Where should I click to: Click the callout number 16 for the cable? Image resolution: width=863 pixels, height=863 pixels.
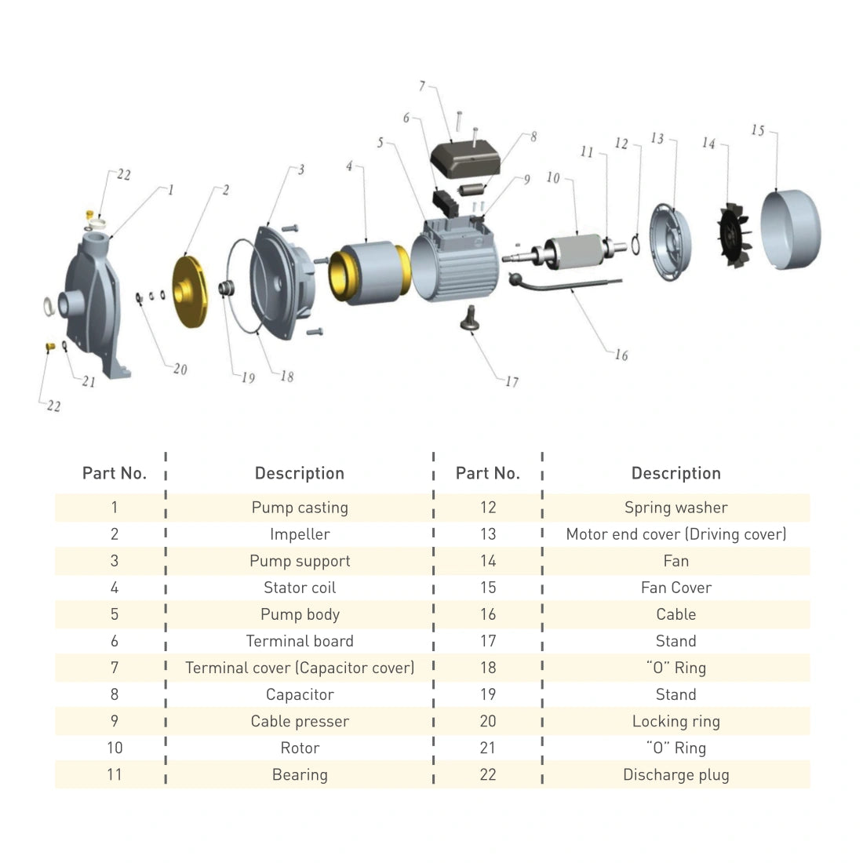[621, 355]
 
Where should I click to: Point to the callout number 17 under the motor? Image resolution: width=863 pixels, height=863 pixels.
[512, 382]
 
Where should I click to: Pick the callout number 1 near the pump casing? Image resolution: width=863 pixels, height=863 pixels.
[170, 190]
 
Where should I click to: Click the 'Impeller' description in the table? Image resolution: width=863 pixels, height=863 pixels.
[300, 534]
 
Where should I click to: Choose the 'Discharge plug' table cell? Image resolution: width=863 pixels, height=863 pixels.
[675, 774]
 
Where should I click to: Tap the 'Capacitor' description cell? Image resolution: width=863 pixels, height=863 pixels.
[300, 694]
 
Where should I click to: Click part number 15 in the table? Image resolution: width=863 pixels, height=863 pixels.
[488, 588]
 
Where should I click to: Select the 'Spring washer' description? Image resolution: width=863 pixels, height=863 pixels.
[675, 508]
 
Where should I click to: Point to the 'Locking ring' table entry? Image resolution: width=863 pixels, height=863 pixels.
[675, 721]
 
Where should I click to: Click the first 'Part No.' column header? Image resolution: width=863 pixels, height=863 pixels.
[115, 473]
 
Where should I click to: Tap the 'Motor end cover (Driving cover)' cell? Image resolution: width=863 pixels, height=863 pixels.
[675, 534]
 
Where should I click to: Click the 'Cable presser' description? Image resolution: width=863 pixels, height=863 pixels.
[300, 721]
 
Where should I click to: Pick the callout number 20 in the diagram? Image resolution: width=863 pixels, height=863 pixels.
[180, 370]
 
